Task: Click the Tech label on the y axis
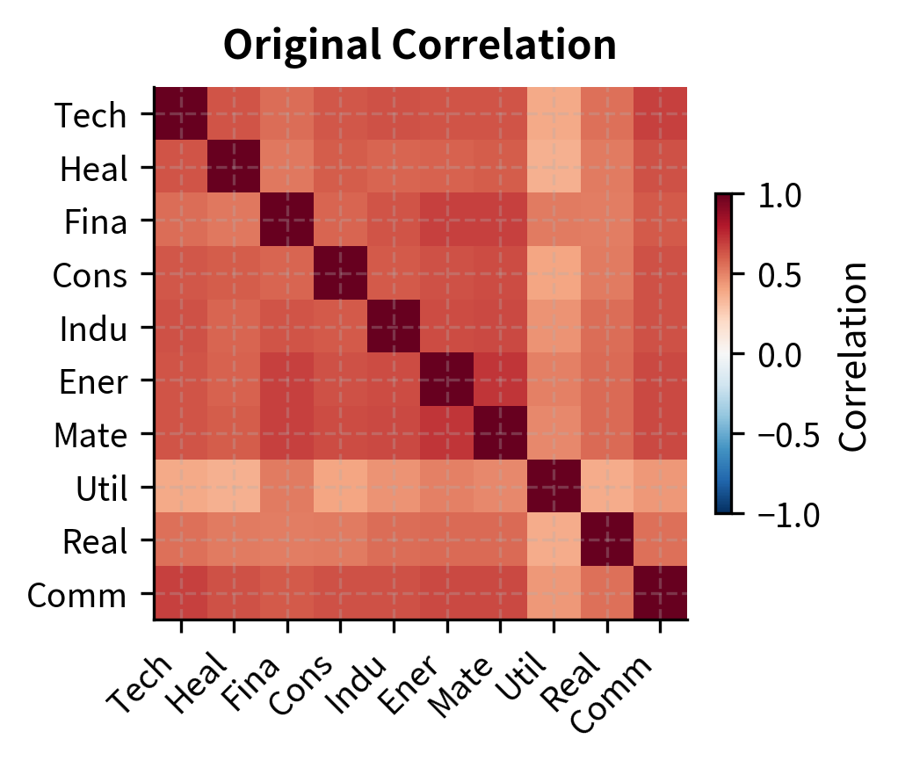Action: pyautogui.click(x=91, y=115)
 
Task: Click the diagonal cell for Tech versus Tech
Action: pyautogui.click(x=181, y=115)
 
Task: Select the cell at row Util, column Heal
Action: pyautogui.click(x=234, y=488)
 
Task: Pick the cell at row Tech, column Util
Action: pyautogui.click(x=554, y=115)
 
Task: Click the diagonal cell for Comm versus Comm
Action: pyautogui.click(x=660, y=594)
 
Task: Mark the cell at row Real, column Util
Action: pyautogui.click(x=554, y=540)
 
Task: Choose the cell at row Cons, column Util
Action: pyautogui.click(x=554, y=275)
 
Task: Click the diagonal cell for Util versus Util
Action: pyautogui.click(x=554, y=488)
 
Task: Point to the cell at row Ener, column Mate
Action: pyautogui.click(x=500, y=381)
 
